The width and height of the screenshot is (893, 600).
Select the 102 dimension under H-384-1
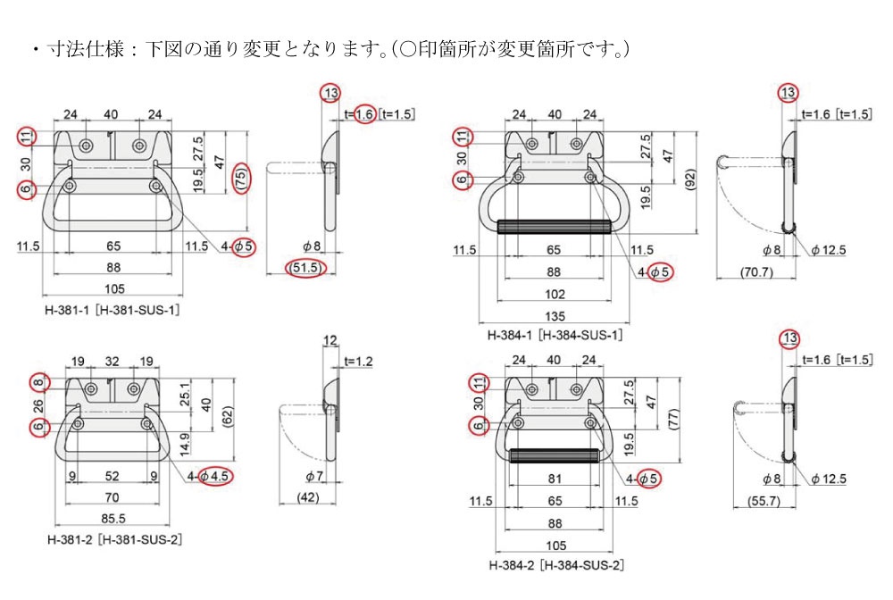[x=554, y=294]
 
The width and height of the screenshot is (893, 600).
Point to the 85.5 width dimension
[x=113, y=519]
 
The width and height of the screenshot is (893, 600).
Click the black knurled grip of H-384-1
[x=554, y=226]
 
